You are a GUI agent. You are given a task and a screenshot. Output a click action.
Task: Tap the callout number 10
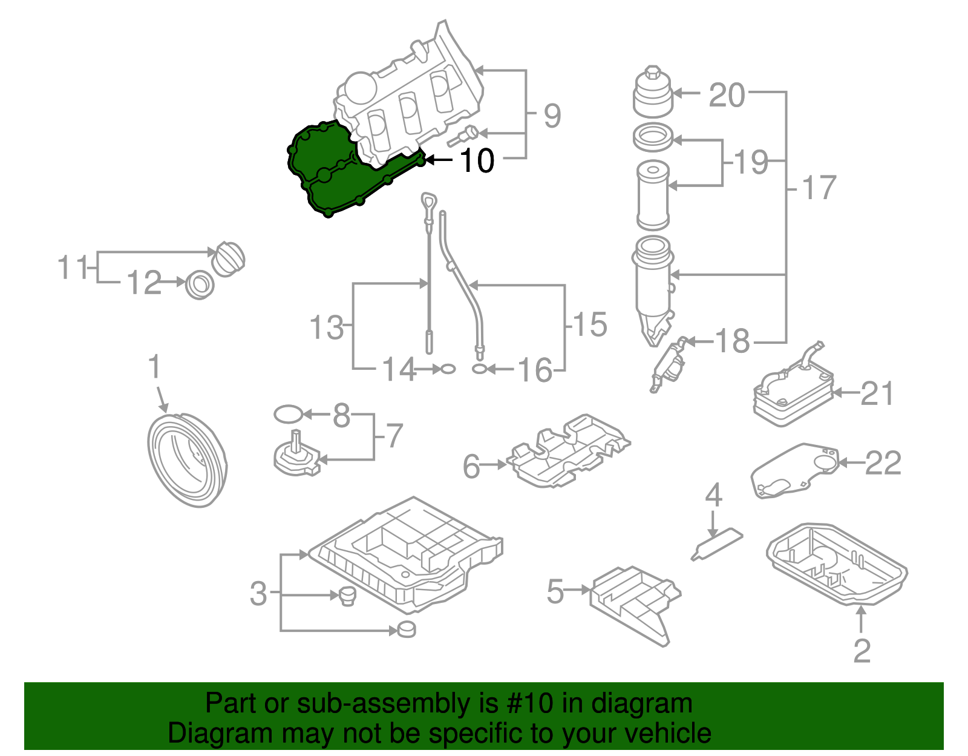[477, 161]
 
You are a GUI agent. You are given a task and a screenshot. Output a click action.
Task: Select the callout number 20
[727, 96]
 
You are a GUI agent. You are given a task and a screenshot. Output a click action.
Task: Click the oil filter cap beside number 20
[652, 94]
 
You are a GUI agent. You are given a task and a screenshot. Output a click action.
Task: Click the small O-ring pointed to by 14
[447, 369]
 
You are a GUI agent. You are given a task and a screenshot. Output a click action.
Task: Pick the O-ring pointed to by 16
[479, 369]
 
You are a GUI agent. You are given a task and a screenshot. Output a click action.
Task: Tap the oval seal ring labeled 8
[288, 415]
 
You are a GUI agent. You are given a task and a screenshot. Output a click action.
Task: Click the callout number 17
[819, 188]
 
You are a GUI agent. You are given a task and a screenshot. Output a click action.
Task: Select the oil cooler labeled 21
[793, 392]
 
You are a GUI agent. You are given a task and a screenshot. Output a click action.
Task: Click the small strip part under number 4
[717, 544]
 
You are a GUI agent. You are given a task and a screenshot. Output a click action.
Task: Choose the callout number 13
[326, 327]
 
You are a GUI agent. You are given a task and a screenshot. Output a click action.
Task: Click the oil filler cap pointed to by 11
[228, 259]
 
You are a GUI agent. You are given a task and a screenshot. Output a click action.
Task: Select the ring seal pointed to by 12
[199, 284]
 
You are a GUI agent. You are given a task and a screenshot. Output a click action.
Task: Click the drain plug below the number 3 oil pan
[407, 629]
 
